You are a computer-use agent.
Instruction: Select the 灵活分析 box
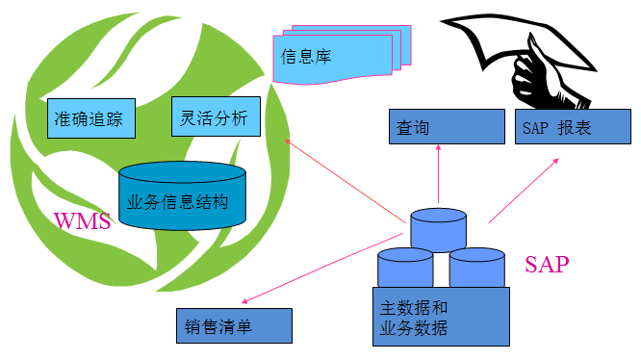[214, 118]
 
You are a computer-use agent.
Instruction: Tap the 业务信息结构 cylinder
[182, 197]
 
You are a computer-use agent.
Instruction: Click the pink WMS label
[82, 222]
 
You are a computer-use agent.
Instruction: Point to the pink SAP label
[547, 264]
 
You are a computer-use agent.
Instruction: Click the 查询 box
[447, 126]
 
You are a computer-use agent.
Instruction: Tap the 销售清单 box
[234, 325]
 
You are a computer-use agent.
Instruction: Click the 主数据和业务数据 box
[440, 318]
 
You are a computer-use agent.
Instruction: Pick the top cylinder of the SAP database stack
[438, 229]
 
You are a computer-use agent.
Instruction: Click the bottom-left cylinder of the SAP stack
[405, 267]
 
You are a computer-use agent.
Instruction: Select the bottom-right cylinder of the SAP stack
[476, 267]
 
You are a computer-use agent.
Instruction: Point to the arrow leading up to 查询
[438, 178]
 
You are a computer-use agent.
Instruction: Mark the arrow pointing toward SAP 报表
[525, 189]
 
